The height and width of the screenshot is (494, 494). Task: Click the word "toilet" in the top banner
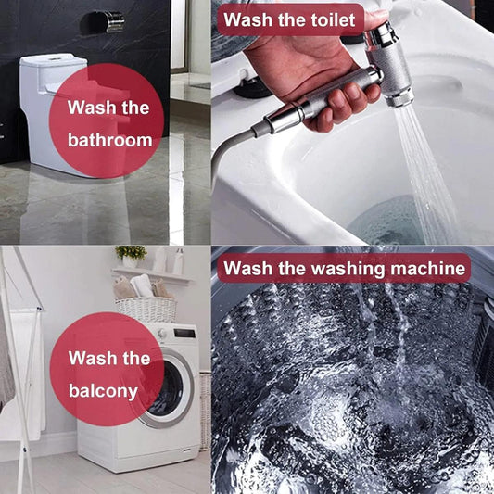334,20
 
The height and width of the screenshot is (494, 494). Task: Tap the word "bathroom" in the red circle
110,140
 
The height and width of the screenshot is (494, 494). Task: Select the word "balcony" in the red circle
103,392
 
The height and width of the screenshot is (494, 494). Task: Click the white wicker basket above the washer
146,310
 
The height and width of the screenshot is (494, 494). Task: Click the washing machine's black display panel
184,333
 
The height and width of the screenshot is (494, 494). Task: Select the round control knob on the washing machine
162,334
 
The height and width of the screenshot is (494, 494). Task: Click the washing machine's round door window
167,388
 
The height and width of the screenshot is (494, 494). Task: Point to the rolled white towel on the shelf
142,285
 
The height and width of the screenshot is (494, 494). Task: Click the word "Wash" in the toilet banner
248,20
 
